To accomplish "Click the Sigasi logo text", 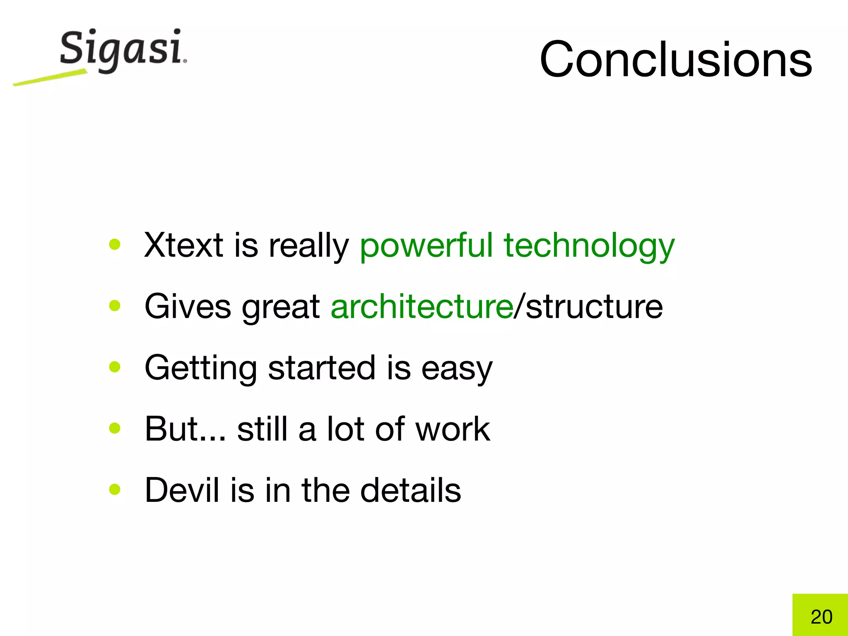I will (x=122, y=49).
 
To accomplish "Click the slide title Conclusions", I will (x=676, y=59).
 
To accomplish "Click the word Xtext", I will (x=184, y=245).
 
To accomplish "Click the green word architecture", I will (x=422, y=306).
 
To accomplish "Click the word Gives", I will (x=188, y=306).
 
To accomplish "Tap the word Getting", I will (x=201, y=368).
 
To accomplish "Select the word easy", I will (x=457, y=368).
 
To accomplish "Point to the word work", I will (x=453, y=429).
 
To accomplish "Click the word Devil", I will (x=182, y=490).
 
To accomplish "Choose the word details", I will (x=410, y=490).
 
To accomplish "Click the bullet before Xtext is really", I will (x=115, y=244).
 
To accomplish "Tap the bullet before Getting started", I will (x=115, y=367).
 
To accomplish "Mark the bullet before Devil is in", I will (x=115, y=489).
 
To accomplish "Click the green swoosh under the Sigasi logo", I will (x=50, y=78).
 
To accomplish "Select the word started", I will (x=322, y=368).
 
